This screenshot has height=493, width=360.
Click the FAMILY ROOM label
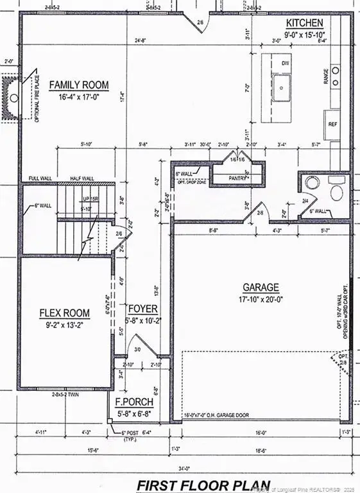click(x=79, y=85)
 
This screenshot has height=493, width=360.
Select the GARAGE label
click(x=261, y=288)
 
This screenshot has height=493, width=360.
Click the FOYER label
click(x=142, y=309)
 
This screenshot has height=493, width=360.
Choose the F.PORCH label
click(x=133, y=402)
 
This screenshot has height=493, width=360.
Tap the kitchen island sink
click(x=282, y=83)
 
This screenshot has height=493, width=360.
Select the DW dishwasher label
click(x=284, y=63)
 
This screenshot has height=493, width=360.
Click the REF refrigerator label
click(x=332, y=124)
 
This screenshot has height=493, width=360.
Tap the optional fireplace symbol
click(x=13, y=98)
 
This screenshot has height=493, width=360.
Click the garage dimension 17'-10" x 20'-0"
click(x=261, y=298)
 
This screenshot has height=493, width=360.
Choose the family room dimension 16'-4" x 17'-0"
click(x=79, y=96)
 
